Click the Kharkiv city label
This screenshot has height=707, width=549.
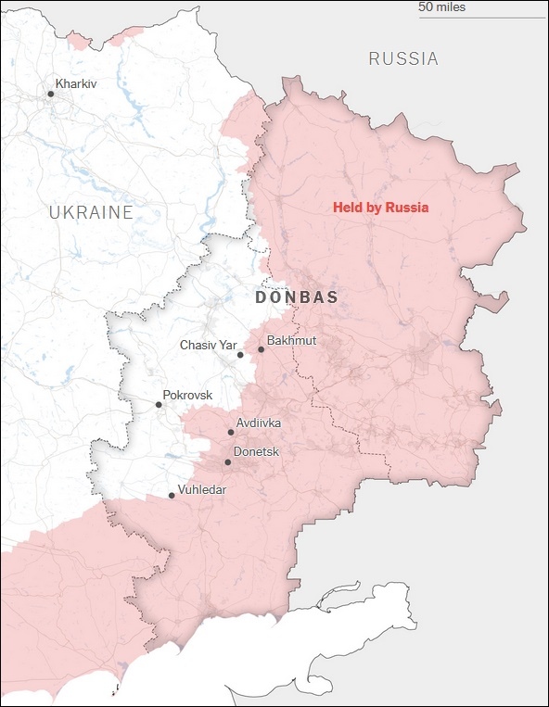[76, 84]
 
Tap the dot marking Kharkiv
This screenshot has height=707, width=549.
[51, 93]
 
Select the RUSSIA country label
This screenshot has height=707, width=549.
[403, 59]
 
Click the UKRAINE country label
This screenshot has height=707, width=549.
[91, 212]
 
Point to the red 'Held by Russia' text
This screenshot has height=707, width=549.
[380, 208]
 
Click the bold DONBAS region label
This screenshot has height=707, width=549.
[296, 297]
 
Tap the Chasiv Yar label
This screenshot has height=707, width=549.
[209, 346]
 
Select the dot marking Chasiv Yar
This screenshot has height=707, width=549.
[240, 354]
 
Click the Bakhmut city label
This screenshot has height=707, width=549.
[291, 341]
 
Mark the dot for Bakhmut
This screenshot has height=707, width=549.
[261, 349]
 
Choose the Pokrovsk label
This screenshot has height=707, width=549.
[187, 396]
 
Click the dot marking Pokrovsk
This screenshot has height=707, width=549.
[159, 404]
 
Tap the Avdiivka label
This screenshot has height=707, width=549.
[259, 423]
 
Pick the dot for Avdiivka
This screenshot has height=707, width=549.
[231, 432]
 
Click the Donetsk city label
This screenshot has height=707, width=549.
[257, 452]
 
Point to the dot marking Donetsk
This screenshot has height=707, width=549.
[227, 461]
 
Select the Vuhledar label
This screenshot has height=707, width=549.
[202, 490]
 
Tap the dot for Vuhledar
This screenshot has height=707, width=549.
[172, 496]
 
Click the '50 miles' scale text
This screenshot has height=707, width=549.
[442, 7]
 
